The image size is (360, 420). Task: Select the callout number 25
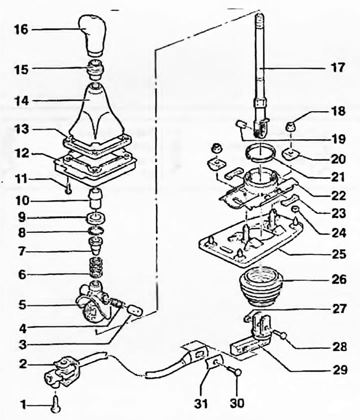[338, 255]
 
